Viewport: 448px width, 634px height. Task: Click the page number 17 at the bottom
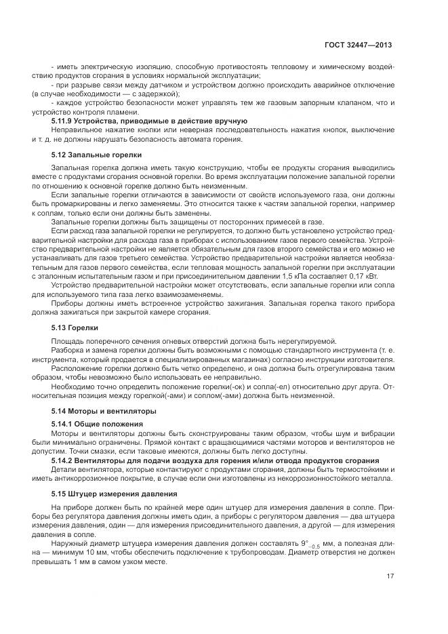point(390,576)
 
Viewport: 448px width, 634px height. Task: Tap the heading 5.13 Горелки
point(75,328)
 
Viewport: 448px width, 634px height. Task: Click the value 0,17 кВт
point(363,277)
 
